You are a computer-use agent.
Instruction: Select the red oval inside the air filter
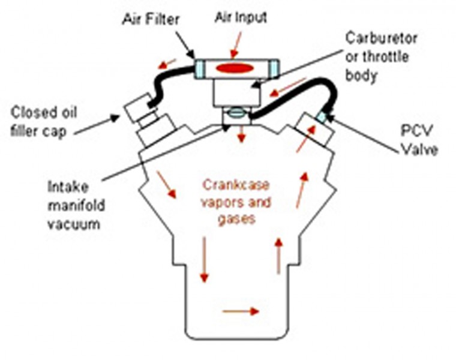coord(233,68)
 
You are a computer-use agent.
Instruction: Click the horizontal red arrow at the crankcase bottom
coord(240,311)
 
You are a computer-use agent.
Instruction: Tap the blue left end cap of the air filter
coord(200,68)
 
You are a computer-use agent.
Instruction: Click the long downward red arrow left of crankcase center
coord(204,258)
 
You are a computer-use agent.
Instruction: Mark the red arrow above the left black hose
coord(169,61)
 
